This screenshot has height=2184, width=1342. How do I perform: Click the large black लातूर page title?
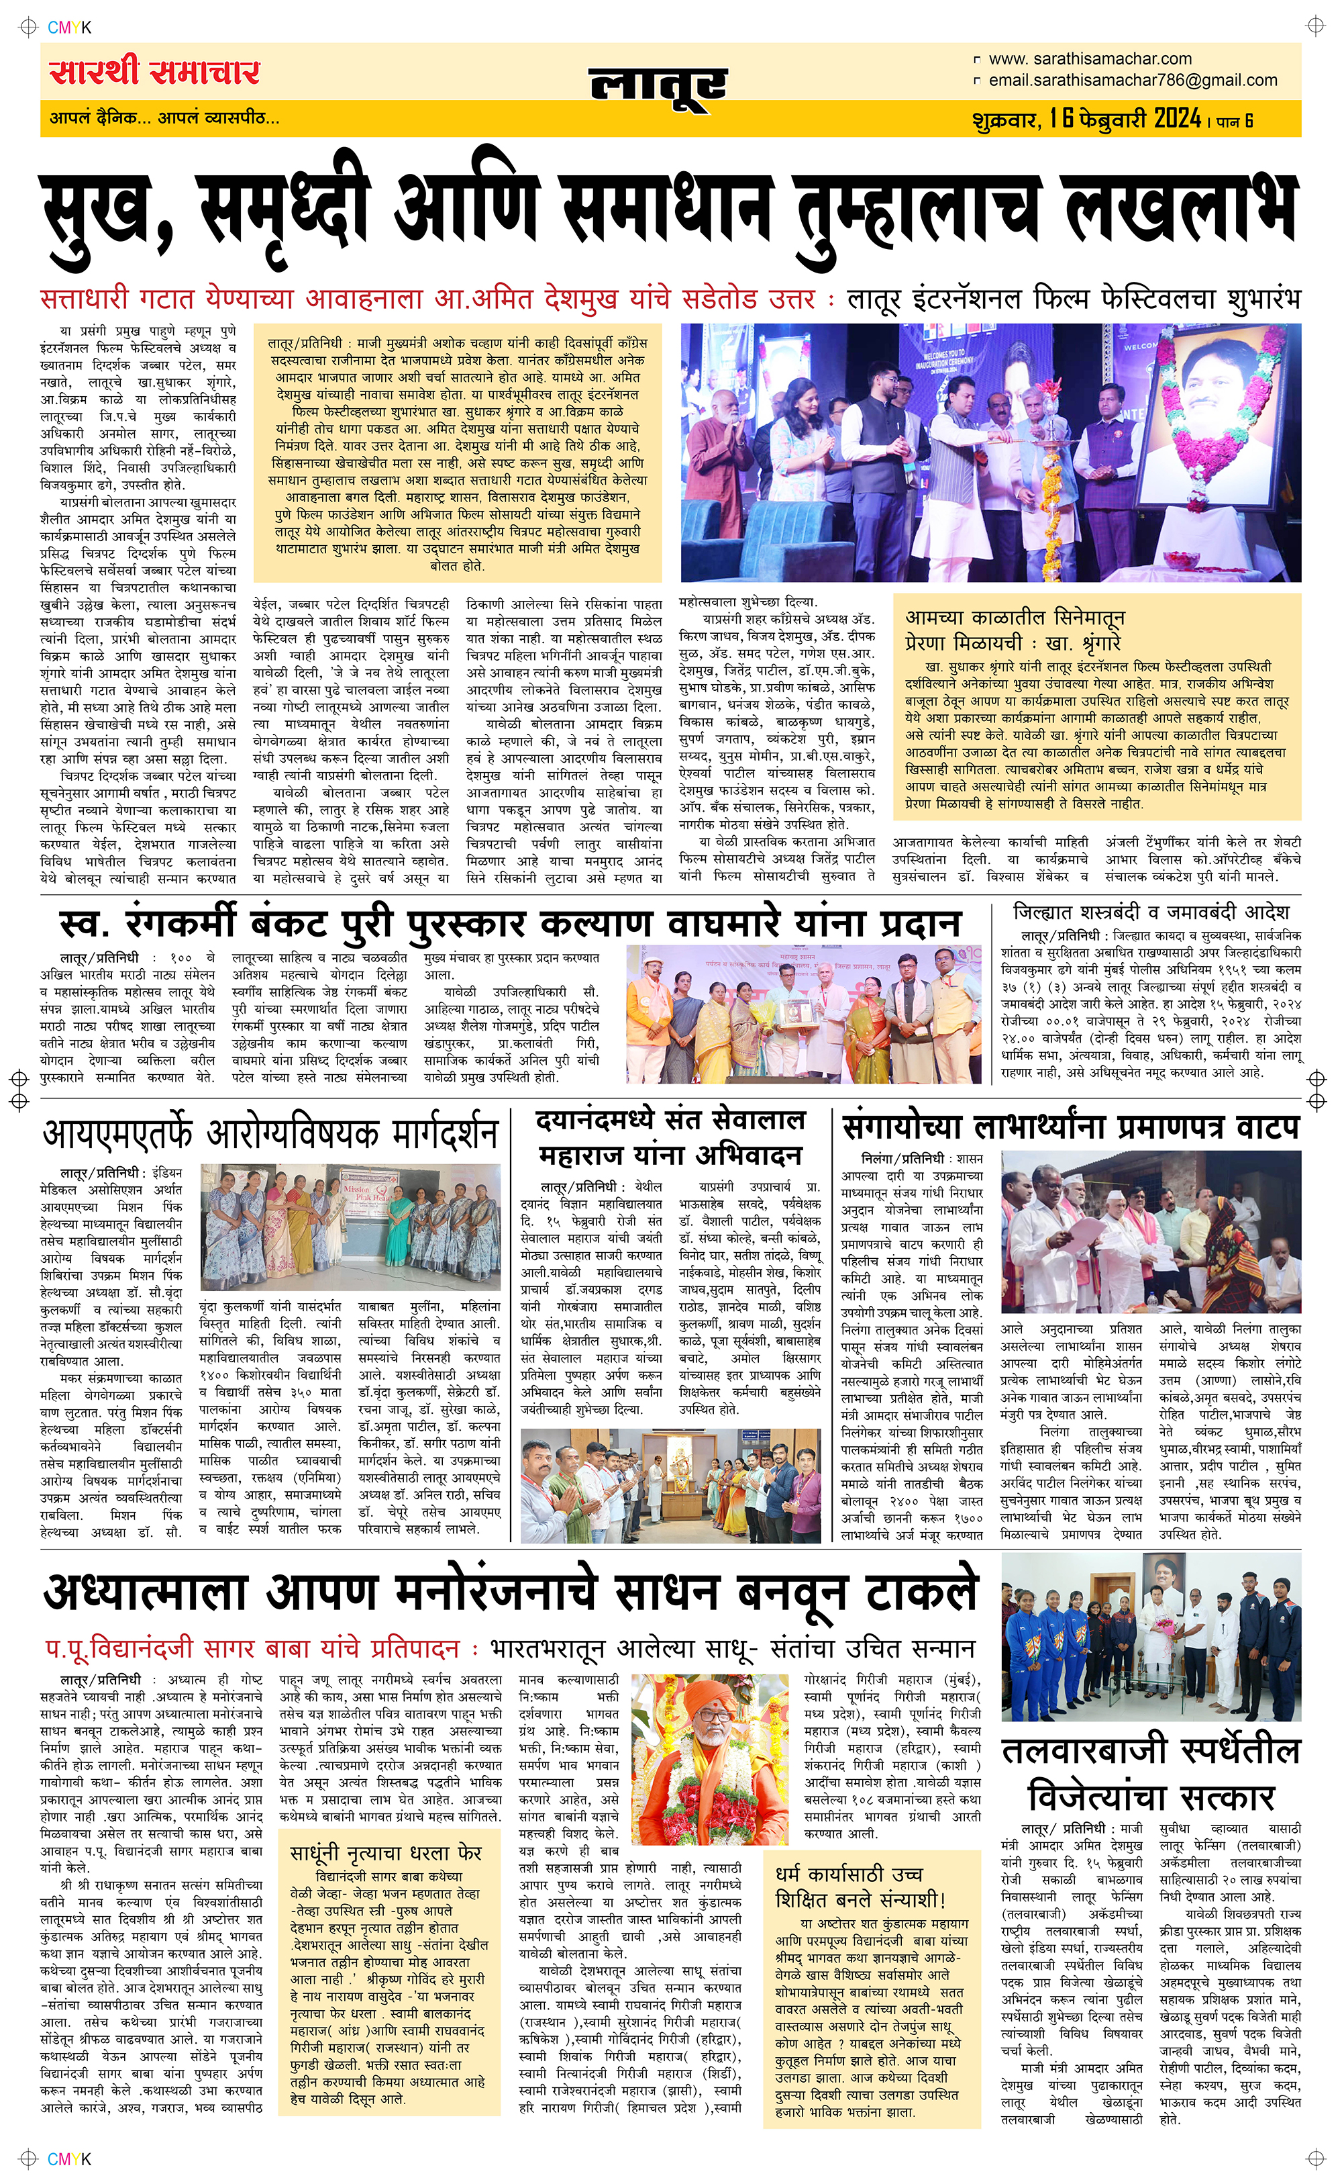658,88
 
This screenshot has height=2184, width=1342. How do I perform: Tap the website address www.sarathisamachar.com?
1089,58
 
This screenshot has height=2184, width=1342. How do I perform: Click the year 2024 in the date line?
1177,118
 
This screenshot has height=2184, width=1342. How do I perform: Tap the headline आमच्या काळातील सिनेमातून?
1015,617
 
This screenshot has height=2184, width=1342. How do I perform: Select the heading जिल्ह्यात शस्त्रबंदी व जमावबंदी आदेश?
1151,912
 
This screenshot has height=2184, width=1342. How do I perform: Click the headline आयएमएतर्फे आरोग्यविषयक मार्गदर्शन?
270,1135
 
